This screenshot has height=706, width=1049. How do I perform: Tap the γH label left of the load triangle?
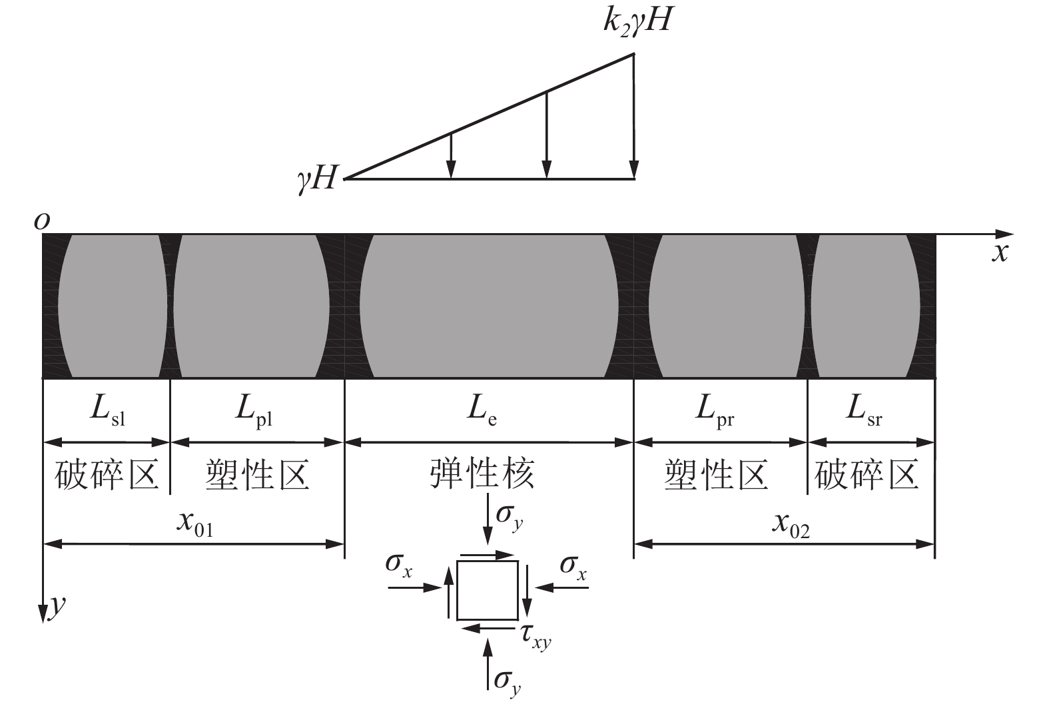[317, 179]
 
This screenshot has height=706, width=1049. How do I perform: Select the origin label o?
[42, 221]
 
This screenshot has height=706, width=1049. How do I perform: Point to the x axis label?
[1000, 253]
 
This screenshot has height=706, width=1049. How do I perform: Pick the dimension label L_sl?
[108, 410]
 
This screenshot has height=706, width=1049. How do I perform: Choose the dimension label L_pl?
[254, 410]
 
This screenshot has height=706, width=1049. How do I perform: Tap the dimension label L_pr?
[715, 410]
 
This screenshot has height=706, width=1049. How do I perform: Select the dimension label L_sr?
[864, 410]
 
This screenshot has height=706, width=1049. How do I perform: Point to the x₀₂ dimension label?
[791, 526]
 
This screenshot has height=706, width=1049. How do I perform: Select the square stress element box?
[488, 591]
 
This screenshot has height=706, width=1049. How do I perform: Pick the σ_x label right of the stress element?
[573, 568]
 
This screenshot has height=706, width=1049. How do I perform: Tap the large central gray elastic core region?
[489, 306]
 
